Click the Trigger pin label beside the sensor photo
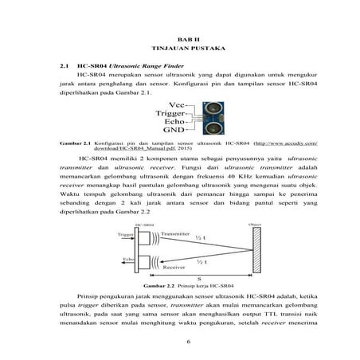[x=170, y=113]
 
